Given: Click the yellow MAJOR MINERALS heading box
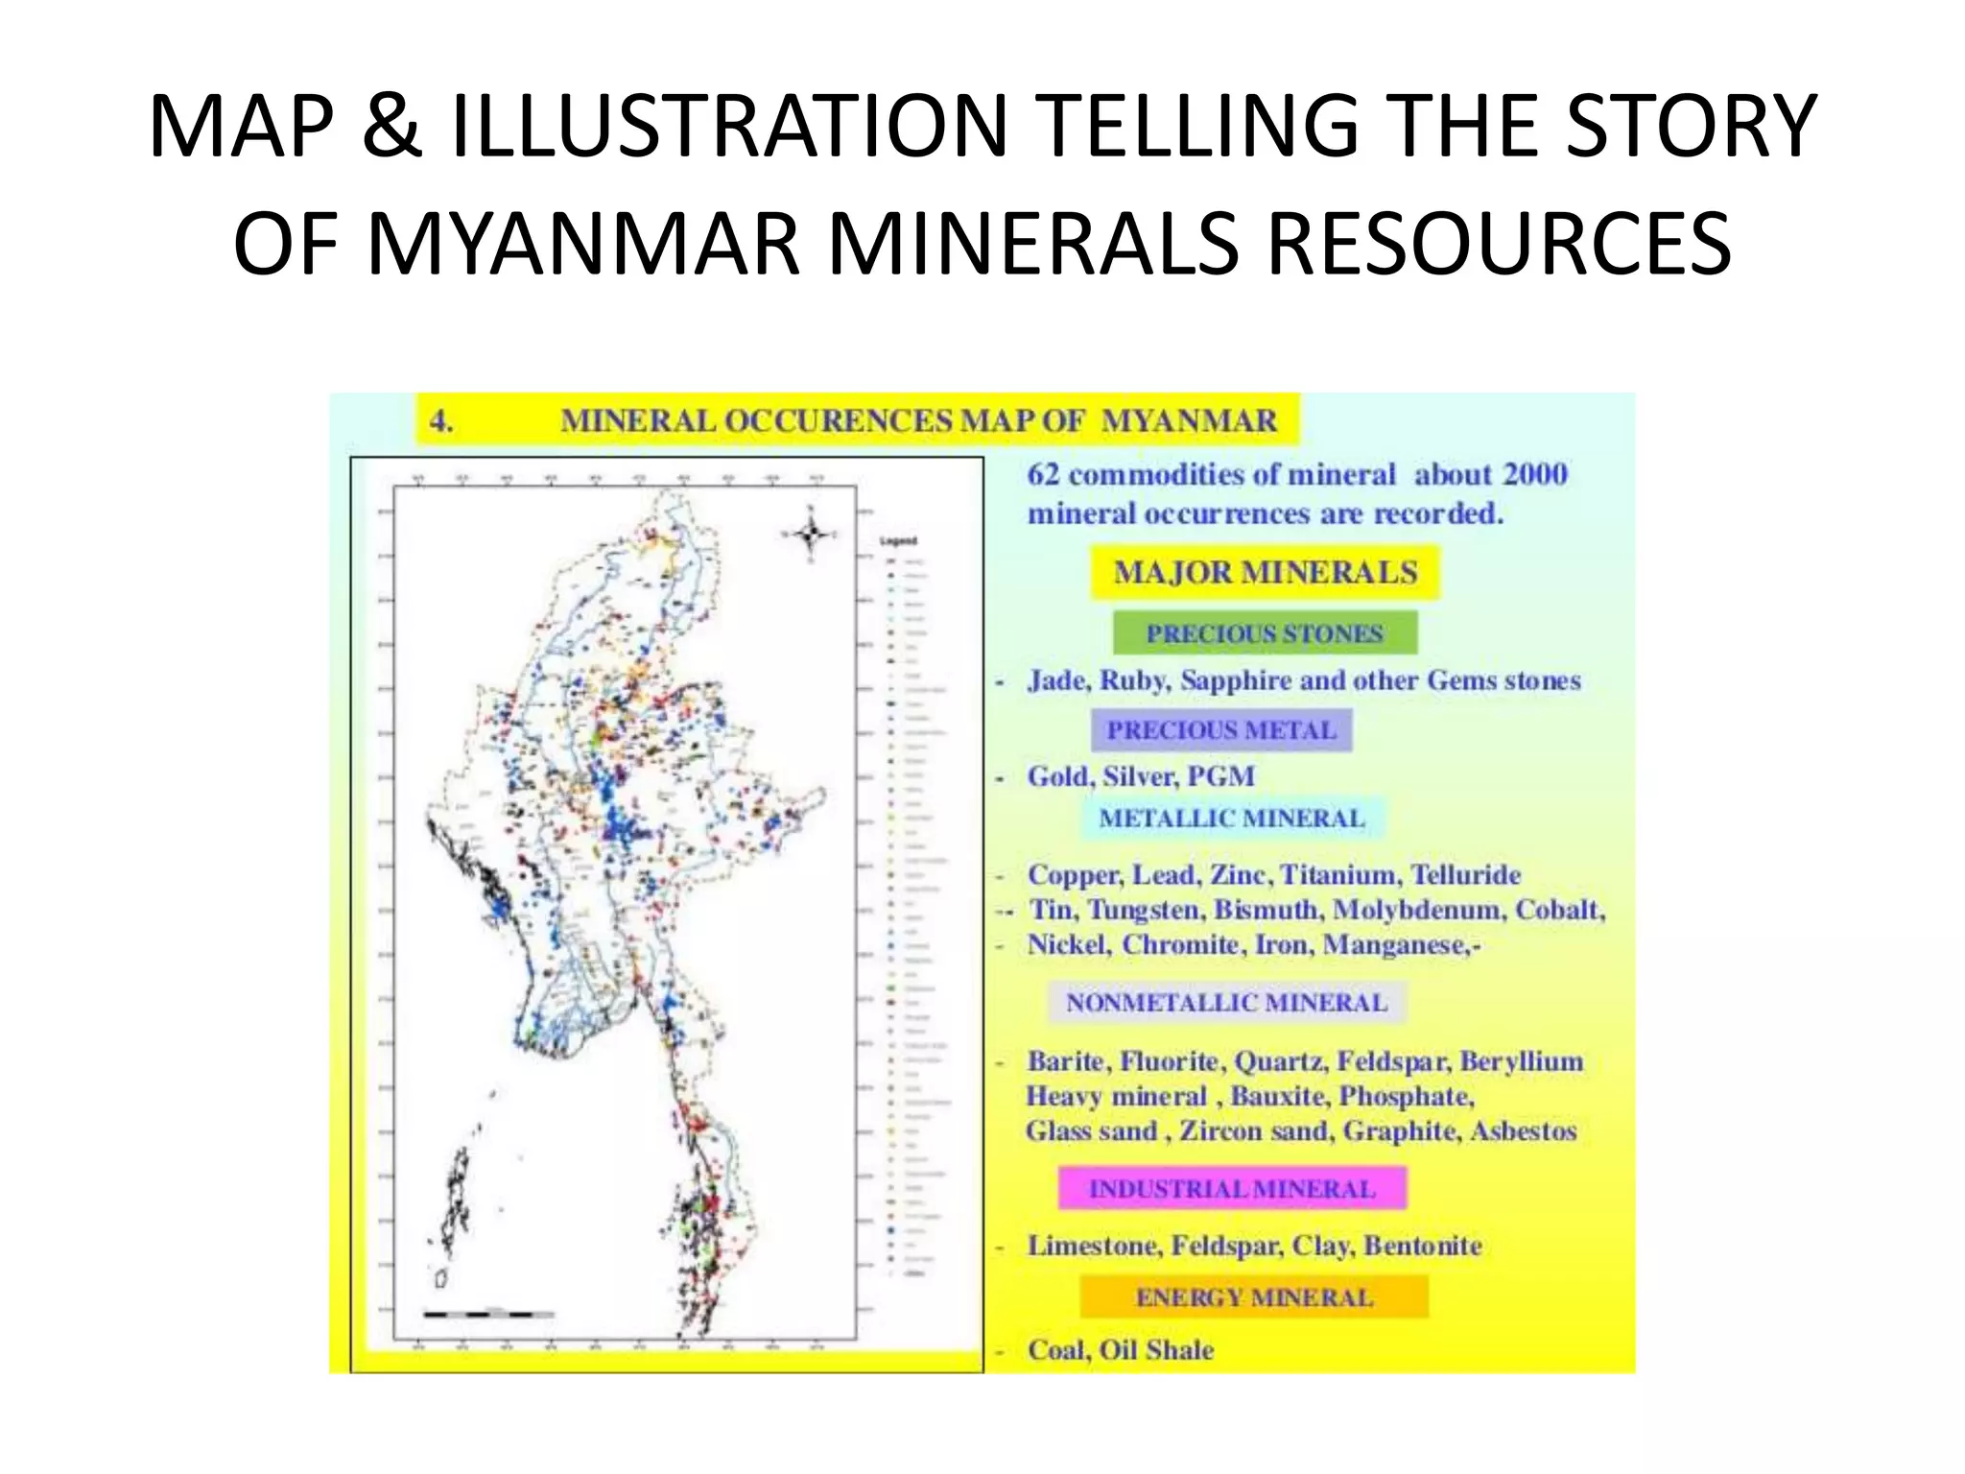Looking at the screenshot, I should point(1265,573).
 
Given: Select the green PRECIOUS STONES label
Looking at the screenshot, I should point(1265,633).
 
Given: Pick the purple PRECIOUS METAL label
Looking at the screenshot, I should point(1221,730).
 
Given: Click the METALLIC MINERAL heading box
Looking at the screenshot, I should point(1231,819).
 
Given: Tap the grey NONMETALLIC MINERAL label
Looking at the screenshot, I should point(1226,1003).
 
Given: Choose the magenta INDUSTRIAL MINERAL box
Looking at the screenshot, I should point(1232,1189).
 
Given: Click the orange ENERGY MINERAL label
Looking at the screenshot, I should point(1254,1297).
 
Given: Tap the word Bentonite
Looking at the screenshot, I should point(1423,1246).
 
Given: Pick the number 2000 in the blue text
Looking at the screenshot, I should point(1535,474).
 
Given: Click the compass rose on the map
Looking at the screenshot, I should point(811,534).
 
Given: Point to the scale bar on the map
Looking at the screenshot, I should point(488,1313).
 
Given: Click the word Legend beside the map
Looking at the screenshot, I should point(898,541).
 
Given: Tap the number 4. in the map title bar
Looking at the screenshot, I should point(440,421).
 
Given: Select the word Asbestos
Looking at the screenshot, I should point(1524,1131).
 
